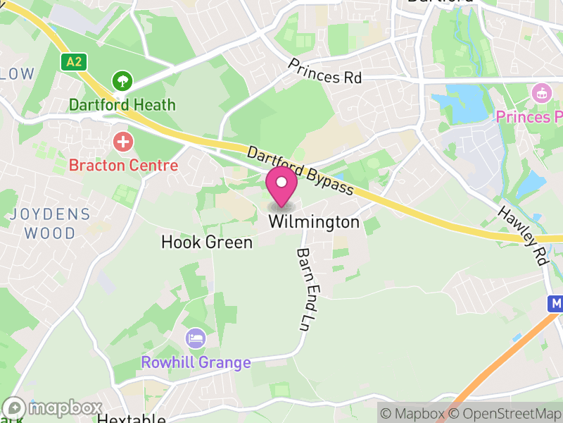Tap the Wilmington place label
(314, 223)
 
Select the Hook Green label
(207, 243)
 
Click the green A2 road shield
(73, 61)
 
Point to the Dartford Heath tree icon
(123, 80)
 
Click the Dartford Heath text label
(122, 105)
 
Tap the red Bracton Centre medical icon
(123, 142)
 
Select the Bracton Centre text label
(123, 166)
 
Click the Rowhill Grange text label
(196, 363)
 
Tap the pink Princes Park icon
(541, 92)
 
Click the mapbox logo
(53, 408)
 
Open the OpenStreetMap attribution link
(505, 413)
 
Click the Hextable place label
(131, 419)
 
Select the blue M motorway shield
(556, 303)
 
